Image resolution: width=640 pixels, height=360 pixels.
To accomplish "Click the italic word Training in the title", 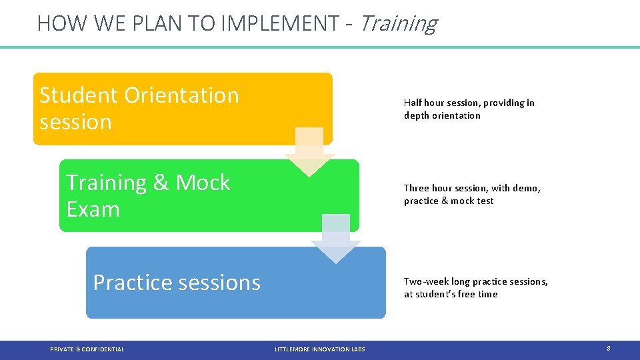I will click(398, 23).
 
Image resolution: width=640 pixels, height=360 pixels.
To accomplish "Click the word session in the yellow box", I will click(75, 122).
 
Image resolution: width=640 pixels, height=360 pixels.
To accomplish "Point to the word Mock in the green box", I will click(203, 183).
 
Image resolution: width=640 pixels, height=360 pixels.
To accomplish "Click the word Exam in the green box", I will click(93, 209).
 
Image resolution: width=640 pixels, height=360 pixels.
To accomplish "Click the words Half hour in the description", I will click(423, 103).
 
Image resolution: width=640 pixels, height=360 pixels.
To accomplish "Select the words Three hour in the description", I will click(428, 188).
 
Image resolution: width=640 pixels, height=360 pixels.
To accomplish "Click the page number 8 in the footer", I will click(608, 349).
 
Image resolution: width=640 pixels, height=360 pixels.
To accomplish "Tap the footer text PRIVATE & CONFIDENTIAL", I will click(87, 349).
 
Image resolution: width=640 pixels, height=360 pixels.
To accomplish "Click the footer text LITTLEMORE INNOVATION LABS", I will click(319, 349).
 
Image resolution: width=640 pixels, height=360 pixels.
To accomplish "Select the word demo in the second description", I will click(527, 188).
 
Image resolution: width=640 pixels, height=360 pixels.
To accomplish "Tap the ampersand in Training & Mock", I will click(161, 183).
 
